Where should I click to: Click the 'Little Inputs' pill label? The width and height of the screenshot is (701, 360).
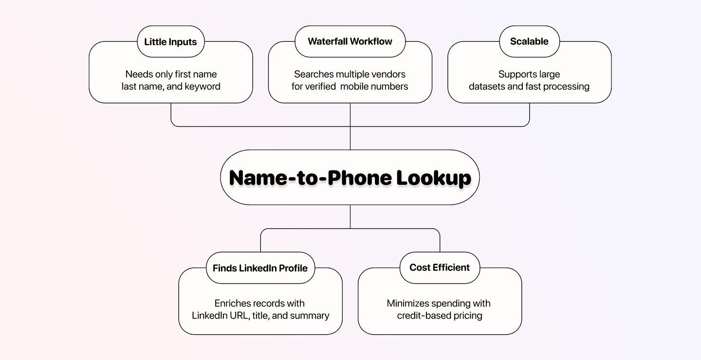[x=170, y=41]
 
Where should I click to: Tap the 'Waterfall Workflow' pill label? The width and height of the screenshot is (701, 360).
[x=350, y=41]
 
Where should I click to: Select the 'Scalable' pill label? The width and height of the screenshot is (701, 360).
[x=529, y=41]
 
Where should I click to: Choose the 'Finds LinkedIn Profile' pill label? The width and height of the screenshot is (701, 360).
[x=260, y=268]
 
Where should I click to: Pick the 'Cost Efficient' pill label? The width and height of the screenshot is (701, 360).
[x=440, y=267]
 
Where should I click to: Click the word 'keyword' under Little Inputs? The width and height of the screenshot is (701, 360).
[x=202, y=87]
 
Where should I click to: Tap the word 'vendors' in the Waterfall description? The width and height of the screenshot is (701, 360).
[x=388, y=74]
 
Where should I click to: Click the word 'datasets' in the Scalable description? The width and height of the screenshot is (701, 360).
[x=487, y=87]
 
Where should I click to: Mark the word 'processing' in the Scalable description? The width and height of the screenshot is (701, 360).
[x=567, y=87]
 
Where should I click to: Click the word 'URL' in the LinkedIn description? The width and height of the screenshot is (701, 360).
[x=239, y=316]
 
